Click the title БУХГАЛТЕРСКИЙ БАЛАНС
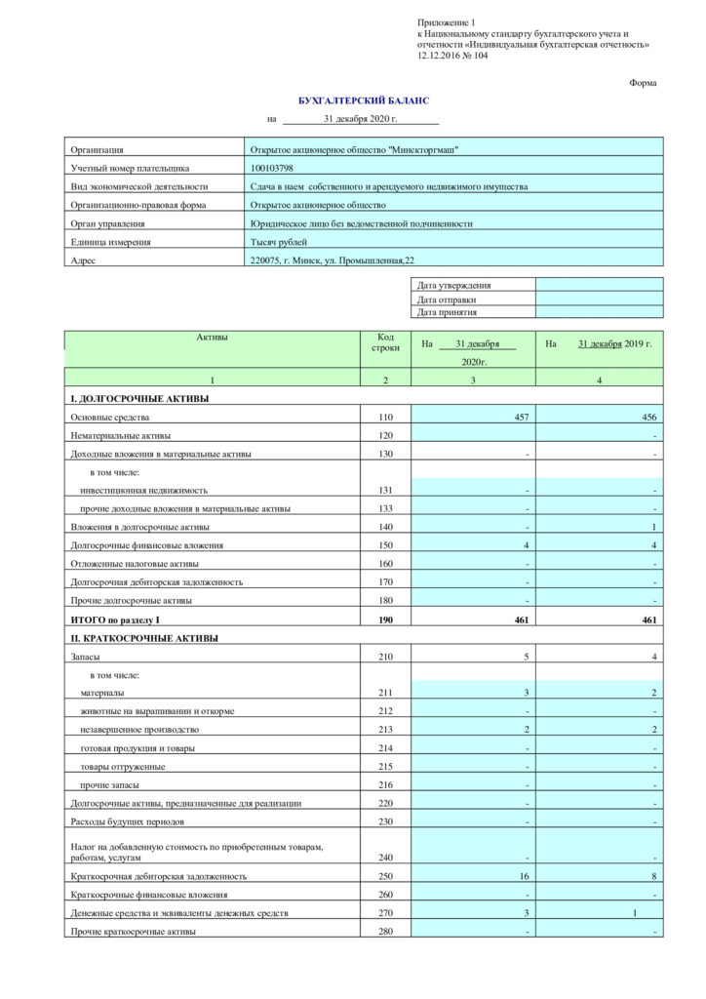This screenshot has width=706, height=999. pyautogui.click(x=363, y=100)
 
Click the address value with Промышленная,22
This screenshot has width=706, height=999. pyautogui.click(x=333, y=260)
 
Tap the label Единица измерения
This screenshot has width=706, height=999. pyautogui.click(x=110, y=242)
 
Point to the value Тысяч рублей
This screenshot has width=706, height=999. pyautogui.click(x=279, y=242)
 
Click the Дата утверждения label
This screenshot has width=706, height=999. pyautogui.click(x=453, y=286)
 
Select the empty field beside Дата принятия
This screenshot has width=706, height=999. pyautogui.click(x=599, y=312)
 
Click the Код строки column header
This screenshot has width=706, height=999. pyautogui.click(x=385, y=341)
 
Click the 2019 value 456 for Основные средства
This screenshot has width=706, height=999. pyautogui.click(x=648, y=418)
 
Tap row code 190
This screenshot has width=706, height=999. pyautogui.click(x=385, y=619)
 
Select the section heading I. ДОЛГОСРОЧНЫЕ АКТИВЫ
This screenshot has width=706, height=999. pyautogui.click(x=138, y=399)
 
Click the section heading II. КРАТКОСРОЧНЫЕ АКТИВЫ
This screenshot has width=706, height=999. pyautogui.click(x=144, y=638)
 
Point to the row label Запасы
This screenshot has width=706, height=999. pyautogui.click(x=87, y=657)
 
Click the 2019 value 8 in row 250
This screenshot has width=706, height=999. pyautogui.click(x=653, y=876)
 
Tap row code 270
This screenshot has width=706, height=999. pyautogui.click(x=385, y=913)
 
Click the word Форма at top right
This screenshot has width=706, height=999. pyautogui.click(x=643, y=83)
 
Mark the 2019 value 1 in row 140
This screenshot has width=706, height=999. pyautogui.click(x=653, y=527)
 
